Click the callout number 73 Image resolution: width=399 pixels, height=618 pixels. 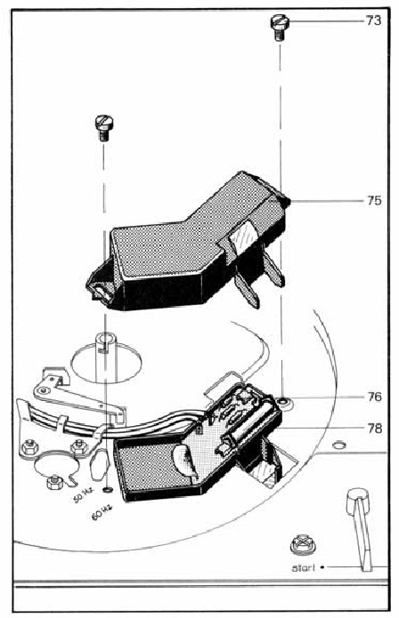pos(373,20)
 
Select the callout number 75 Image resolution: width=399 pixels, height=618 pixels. pos(374,201)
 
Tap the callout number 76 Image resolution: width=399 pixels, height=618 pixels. pos(374,397)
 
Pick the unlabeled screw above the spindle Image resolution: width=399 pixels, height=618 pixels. pos(104,128)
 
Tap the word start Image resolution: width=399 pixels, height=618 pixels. pos(303,568)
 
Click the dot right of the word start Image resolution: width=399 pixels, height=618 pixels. pos(322,567)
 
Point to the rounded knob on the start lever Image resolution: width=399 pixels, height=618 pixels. pos(358,502)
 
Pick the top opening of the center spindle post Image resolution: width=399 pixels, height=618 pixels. pos(105,338)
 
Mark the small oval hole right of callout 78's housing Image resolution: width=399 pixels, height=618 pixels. pos(338,445)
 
